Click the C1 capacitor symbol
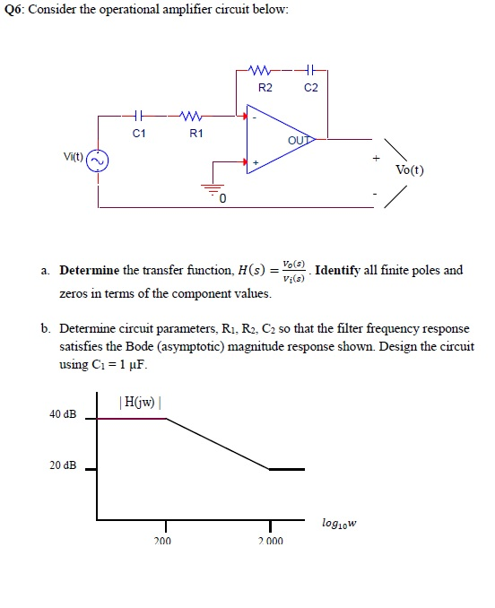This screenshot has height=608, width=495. pyautogui.click(x=139, y=115)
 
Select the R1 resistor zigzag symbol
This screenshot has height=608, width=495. pyautogui.click(x=190, y=115)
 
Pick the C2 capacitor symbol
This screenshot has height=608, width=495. pyautogui.click(x=309, y=70)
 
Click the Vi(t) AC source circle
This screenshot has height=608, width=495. pyautogui.click(x=97, y=161)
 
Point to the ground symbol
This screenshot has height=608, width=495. pyautogui.click(x=212, y=189)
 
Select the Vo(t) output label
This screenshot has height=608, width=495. pyautogui.click(x=409, y=169)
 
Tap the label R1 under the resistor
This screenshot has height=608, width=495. pyautogui.click(x=195, y=134)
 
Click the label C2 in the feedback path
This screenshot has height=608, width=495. pyautogui.click(x=311, y=88)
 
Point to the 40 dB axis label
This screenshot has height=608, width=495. pyautogui.click(x=63, y=414)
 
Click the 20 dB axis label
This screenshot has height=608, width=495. pyautogui.click(x=63, y=465)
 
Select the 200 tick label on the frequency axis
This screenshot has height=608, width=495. pyautogui.click(x=162, y=541)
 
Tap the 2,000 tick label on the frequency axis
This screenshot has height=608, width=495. pyautogui.click(x=271, y=541)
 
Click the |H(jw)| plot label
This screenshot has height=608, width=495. pyautogui.click(x=140, y=402)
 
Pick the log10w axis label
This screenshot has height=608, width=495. pyautogui.click(x=339, y=524)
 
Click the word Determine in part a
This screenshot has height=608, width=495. pyautogui.click(x=90, y=270)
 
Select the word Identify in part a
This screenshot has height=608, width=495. pyautogui.click(x=337, y=270)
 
